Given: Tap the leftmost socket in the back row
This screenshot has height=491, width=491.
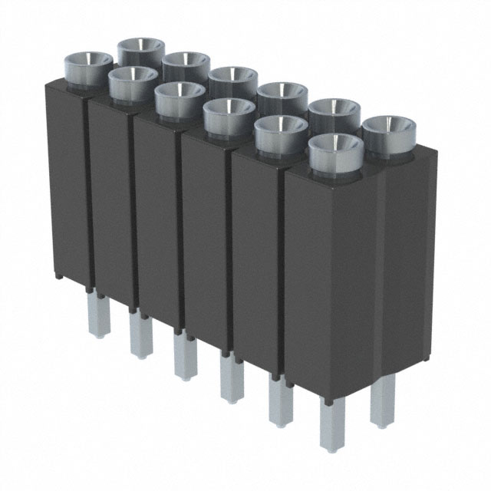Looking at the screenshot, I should [142, 50].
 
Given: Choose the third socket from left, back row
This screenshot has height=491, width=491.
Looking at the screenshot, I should [233, 79].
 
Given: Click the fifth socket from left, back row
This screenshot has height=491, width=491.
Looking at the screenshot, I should [334, 112].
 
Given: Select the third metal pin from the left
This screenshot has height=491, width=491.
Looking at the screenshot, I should [183, 357].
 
